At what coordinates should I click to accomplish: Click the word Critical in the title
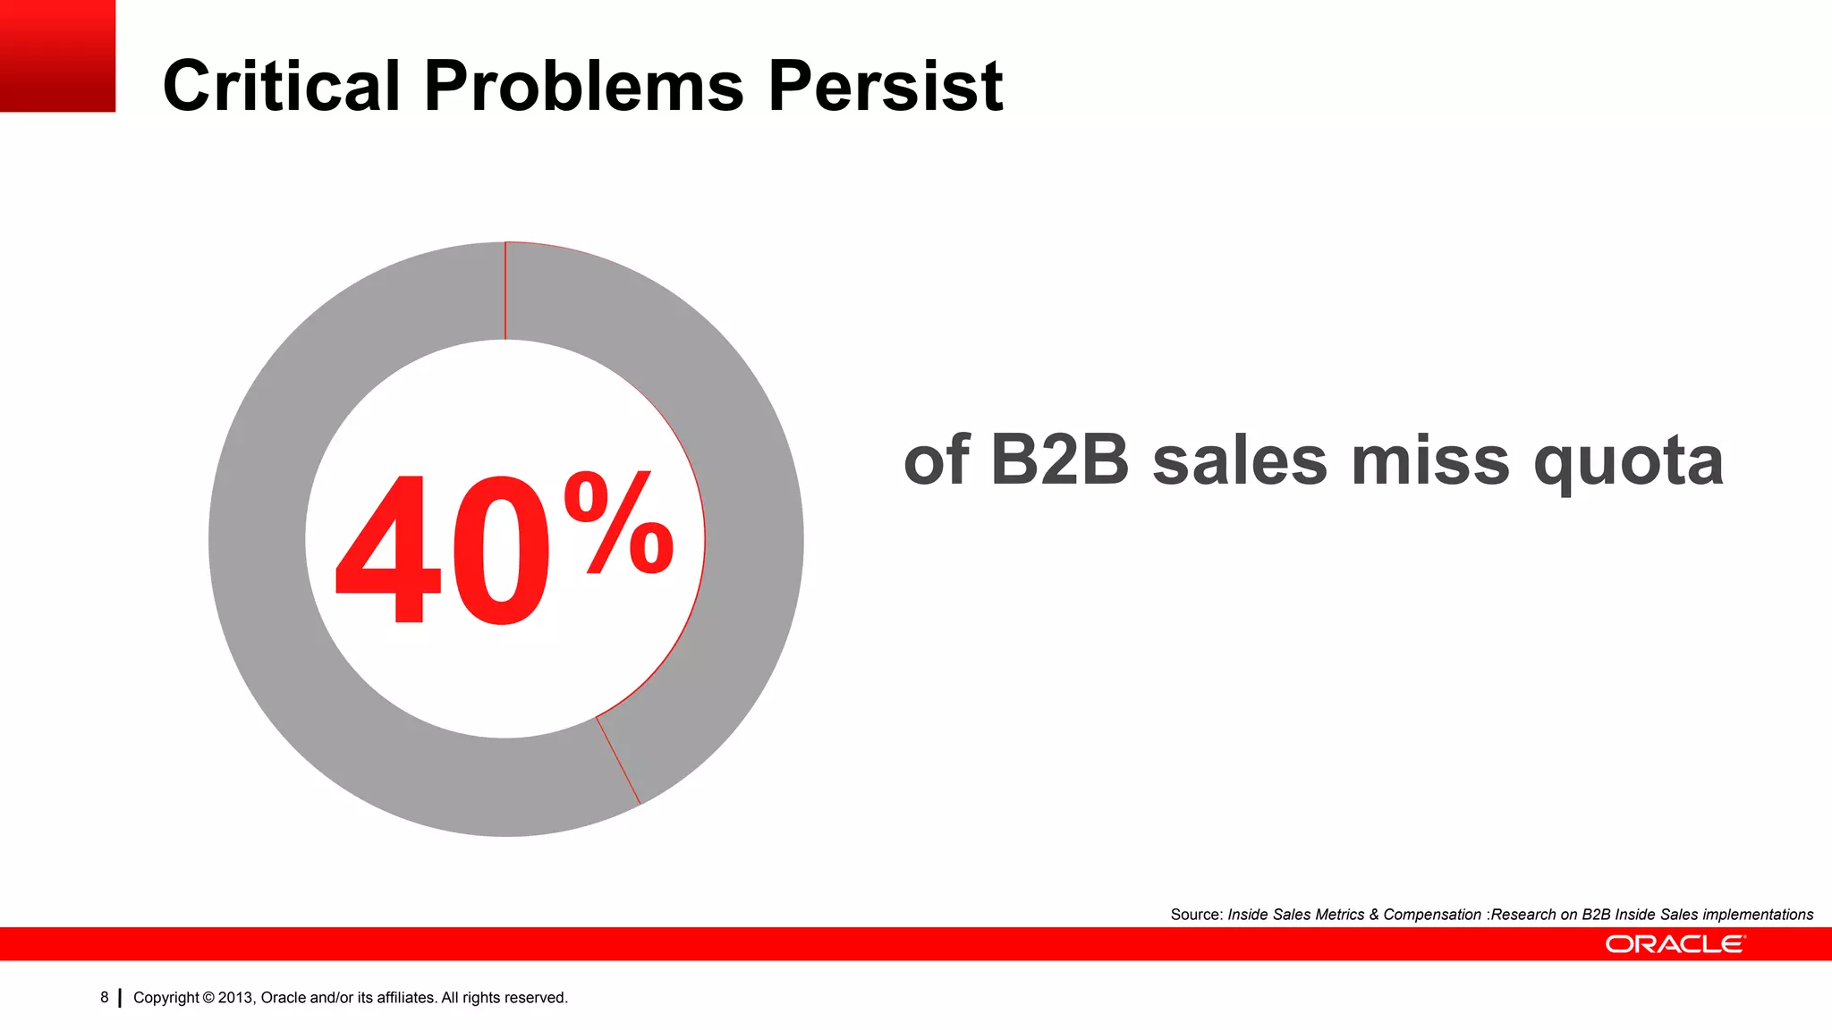coord(281,86)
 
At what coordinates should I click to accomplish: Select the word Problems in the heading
coord(584,86)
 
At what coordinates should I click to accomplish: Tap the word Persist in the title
coord(886,86)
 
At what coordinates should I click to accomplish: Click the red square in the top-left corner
coord(57,55)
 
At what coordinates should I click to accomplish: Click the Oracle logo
coord(1675,944)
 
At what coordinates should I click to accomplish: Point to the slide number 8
coord(105,997)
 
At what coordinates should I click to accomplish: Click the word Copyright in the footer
coord(165,998)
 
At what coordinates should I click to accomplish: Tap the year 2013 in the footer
coord(235,998)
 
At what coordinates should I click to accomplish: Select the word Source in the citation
coord(1196,915)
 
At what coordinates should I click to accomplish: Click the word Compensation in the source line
coord(1432,915)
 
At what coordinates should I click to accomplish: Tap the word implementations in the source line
coord(1758,915)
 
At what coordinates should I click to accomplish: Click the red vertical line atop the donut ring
coord(505,291)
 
